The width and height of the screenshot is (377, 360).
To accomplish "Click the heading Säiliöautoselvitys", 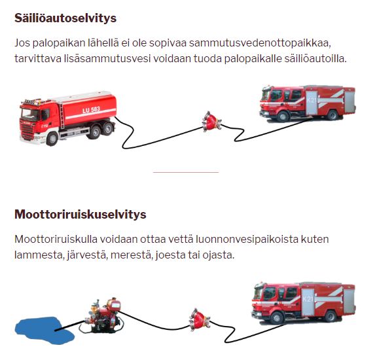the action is point(65,18).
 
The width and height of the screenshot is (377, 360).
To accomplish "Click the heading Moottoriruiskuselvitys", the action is point(81,214).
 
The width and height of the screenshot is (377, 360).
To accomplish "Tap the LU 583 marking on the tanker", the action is point(91,110).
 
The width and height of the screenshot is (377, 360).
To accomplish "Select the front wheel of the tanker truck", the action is point(52,139).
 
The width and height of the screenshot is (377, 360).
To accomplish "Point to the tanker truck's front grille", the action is point(27,132).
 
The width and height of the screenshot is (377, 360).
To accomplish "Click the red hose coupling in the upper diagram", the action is point(211,122).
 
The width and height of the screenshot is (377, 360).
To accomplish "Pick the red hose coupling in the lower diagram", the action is point(200,319).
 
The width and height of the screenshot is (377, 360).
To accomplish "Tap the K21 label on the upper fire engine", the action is point(312,99).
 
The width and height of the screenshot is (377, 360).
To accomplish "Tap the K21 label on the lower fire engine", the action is point(308,298).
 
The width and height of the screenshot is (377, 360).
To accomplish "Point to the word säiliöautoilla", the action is point(315,58).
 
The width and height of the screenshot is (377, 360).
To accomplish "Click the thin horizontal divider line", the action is point(186,172).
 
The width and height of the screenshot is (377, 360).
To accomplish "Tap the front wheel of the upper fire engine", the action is point(283,116).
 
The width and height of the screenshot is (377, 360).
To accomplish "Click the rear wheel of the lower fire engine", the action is point(331,316).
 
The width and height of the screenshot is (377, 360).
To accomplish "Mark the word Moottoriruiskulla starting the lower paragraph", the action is point(56,240).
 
